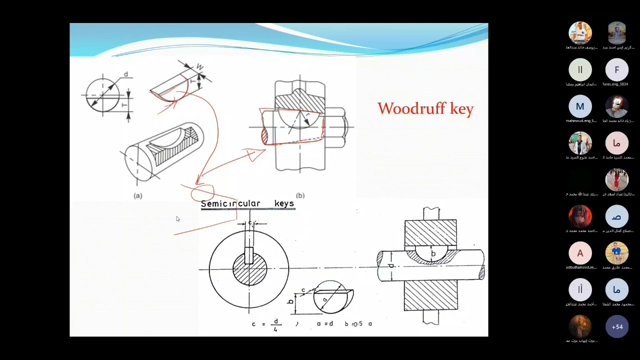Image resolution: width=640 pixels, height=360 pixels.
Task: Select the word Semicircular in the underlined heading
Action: pyautogui.click(x=230, y=203)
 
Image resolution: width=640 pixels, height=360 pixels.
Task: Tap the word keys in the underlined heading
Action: pyautogui.click(x=284, y=203)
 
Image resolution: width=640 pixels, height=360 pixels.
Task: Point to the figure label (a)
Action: pyautogui.click(x=138, y=195)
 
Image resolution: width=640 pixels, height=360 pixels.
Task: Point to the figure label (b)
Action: pyautogui.click(x=300, y=195)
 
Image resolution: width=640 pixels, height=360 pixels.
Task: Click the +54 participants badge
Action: pyautogui.click(x=616, y=327)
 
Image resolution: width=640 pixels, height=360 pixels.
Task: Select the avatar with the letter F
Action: pyautogui.click(x=616, y=70)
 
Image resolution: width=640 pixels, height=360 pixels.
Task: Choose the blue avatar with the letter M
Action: pyautogui.click(x=580, y=106)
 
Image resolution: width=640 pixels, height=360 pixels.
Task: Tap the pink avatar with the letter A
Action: pyautogui.click(x=580, y=253)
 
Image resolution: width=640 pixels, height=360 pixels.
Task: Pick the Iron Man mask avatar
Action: pyautogui.click(x=616, y=106)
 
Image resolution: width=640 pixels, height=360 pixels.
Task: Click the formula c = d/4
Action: pyautogui.click(x=265, y=324)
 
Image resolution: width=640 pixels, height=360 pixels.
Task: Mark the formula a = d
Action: pyautogui.click(x=324, y=324)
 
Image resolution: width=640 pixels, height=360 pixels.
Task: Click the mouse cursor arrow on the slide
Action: pyautogui.click(x=177, y=219)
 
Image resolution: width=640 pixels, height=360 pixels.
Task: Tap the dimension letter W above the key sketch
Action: pyautogui.click(x=199, y=66)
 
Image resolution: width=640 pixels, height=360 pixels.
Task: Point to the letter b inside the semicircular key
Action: pyautogui.click(x=433, y=253)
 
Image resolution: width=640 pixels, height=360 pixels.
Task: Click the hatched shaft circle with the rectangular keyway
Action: pyautogui.click(x=249, y=269)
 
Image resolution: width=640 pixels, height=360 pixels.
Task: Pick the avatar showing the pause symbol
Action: pyautogui.click(x=580, y=70)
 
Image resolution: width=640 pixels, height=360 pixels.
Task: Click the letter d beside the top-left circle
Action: pyautogui.click(x=125, y=74)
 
